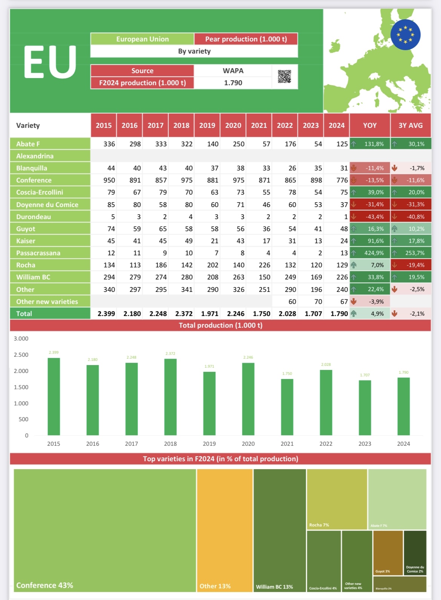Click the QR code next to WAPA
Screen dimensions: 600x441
pos(285,77)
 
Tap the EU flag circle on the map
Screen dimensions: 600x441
pos(406,35)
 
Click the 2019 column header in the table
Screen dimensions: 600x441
pos(207,125)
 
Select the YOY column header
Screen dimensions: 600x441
pos(370,125)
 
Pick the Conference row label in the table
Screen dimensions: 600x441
pos(34,180)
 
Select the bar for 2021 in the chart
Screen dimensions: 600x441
pos(287,407)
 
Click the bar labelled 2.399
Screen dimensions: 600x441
pos(54,396)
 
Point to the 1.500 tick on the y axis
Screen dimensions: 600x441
pos(21,387)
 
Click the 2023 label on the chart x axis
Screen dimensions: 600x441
pos(364,444)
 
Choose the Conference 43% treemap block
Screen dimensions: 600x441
pos(105,530)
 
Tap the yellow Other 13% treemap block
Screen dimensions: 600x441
pos(225,530)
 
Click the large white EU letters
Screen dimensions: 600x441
pos(50,63)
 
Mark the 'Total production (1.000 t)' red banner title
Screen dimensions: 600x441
pos(220,325)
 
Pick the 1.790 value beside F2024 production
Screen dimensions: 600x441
pos(233,83)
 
